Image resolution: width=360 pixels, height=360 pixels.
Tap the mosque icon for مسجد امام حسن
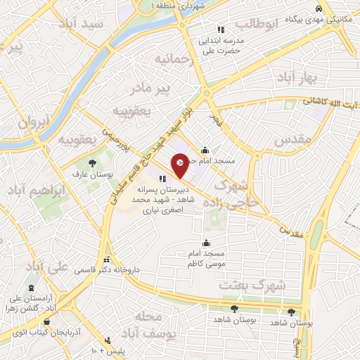click(205, 150)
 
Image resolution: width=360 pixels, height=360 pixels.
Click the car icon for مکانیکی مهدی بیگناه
click(320, 8)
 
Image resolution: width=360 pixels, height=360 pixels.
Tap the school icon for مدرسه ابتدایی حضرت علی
click(220, 30)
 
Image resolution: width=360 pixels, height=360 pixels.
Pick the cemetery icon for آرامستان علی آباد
click(32, 288)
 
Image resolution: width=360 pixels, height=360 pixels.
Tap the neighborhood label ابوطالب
click(257, 23)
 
